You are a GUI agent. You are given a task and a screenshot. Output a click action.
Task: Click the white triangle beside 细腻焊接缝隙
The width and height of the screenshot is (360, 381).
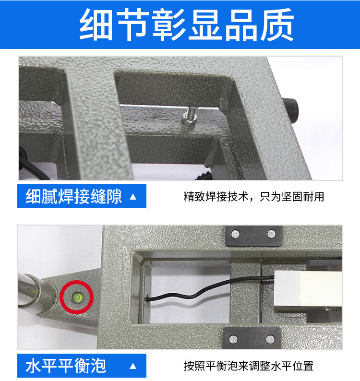click(x=133, y=196)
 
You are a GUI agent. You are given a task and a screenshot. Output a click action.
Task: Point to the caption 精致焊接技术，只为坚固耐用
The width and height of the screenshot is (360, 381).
click(x=254, y=196)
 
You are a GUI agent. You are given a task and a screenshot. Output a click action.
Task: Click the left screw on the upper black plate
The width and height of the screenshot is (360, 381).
click(x=235, y=234)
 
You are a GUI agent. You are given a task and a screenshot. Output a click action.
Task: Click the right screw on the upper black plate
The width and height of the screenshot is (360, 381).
click(x=272, y=234)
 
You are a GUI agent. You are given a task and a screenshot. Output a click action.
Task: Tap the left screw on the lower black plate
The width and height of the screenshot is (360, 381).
click(x=234, y=339)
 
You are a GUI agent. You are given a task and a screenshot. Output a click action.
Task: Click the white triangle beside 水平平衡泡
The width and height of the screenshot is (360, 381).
click(x=133, y=366)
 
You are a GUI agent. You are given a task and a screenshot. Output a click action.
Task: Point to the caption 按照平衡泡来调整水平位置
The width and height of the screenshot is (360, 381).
click(x=248, y=366)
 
